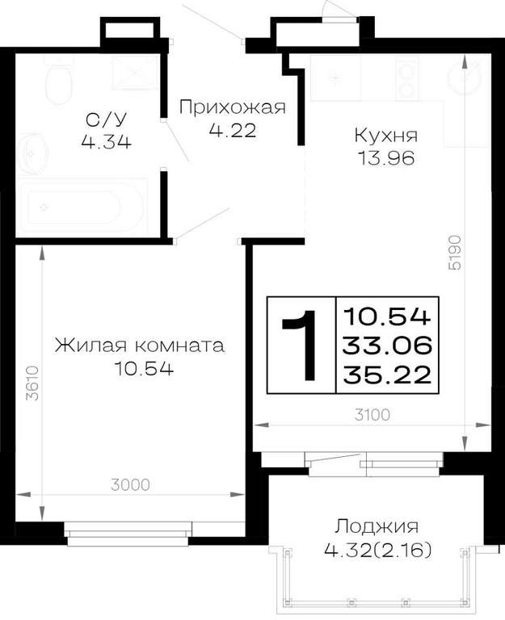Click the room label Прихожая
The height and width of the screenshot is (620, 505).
233,107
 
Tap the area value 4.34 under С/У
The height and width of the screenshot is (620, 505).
106,141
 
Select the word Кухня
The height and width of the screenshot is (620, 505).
386,136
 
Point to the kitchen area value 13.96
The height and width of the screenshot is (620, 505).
386,158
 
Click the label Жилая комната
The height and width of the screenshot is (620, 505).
140,346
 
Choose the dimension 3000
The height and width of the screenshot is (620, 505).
130,484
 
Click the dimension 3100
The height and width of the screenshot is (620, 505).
372,415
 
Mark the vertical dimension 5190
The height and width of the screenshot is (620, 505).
455,252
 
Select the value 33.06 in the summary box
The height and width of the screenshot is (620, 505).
387,346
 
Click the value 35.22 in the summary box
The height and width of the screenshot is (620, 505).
387,375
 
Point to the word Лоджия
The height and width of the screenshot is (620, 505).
377,526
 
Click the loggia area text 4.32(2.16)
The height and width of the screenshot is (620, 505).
377,550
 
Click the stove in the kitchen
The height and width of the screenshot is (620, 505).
406,77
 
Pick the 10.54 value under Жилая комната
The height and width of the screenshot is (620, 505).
143,368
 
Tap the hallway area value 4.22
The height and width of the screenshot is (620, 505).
233,130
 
